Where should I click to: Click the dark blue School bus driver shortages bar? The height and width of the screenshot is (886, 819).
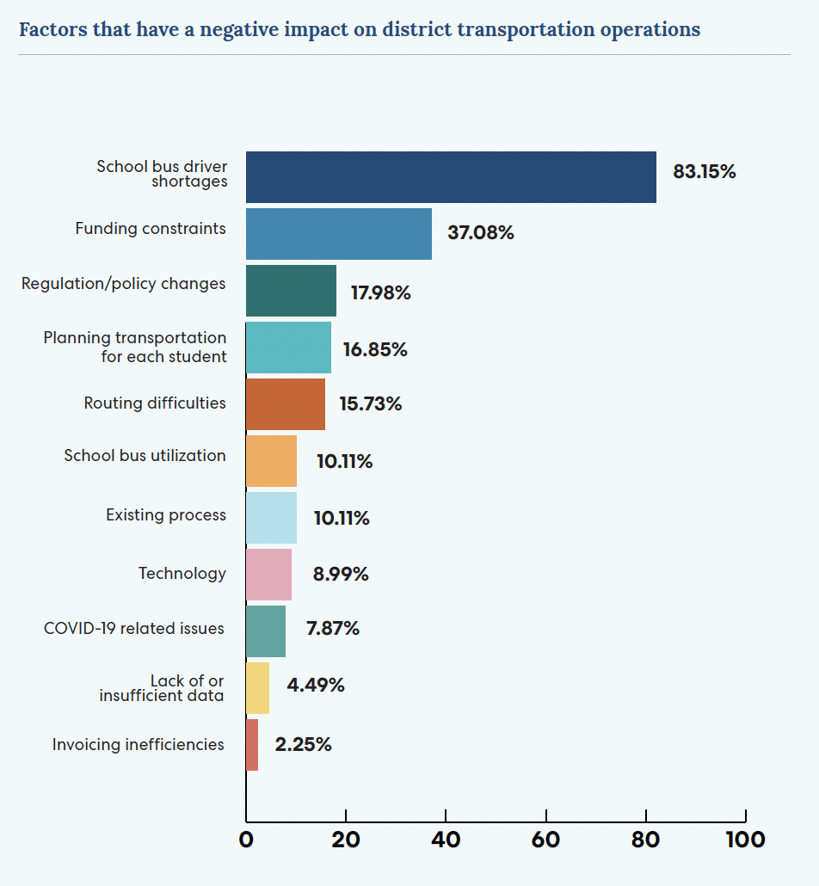451,177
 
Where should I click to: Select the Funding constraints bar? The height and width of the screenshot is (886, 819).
339,234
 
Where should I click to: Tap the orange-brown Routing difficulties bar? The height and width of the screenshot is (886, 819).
286,404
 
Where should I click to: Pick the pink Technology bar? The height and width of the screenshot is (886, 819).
269,575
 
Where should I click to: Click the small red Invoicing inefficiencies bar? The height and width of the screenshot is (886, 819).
252,745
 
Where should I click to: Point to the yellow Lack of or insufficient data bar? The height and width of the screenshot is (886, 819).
258,688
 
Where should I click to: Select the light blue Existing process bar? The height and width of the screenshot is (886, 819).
272,518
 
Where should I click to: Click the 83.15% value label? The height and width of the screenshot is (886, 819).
704,172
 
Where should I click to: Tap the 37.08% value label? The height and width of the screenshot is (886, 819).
480,233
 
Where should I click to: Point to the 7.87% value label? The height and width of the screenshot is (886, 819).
332,629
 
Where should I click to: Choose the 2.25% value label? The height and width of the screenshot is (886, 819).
303,745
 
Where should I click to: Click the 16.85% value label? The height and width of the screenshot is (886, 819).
374,350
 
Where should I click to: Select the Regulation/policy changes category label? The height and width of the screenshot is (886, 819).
124,284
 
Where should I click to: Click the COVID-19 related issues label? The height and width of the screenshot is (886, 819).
134,629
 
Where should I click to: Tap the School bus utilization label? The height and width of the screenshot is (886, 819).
145,456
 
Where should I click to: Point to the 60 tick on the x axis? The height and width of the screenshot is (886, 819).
545,840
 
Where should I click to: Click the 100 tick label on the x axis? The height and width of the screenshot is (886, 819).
744,840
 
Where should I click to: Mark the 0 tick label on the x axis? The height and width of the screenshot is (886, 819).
246,840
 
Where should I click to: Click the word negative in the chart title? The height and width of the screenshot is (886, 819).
244,30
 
